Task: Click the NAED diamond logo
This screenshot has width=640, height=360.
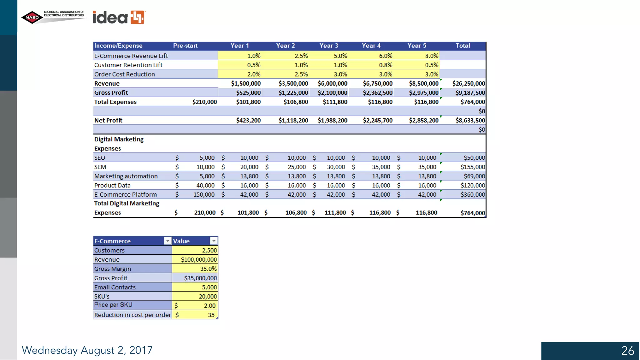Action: tap(32, 17)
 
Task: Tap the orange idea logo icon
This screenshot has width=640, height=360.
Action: tap(137, 17)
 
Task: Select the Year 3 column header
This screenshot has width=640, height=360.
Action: tap(328, 46)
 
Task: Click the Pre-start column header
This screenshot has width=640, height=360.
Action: tap(185, 46)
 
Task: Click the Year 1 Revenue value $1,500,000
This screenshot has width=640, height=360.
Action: tap(246, 83)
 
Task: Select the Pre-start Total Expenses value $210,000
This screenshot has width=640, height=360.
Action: tap(204, 102)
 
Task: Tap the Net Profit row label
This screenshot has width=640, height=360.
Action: tap(108, 120)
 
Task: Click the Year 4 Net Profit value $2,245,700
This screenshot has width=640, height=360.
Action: tap(377, 120)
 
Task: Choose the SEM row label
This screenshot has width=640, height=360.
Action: tap(100, 167)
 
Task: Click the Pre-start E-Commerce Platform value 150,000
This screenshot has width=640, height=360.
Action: tap(204, 194)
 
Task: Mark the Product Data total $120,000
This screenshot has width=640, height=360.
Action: tap(472, 185)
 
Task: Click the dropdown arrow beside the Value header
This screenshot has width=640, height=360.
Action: tap(214, 241)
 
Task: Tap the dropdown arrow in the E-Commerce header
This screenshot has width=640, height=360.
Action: tap(167, 241)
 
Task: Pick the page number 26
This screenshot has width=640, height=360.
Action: tap(627, 351)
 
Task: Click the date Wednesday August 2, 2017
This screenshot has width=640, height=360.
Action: tap(87, 350)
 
